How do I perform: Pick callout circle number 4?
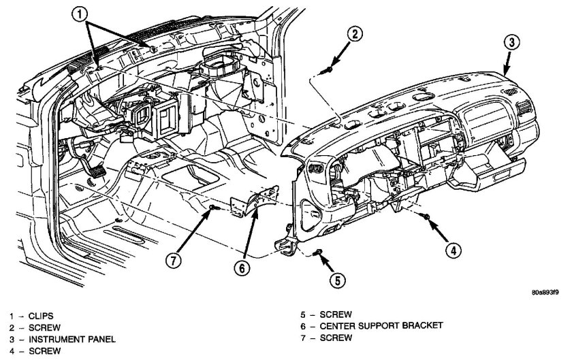[450, 250]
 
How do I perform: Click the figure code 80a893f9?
[544, 293]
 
